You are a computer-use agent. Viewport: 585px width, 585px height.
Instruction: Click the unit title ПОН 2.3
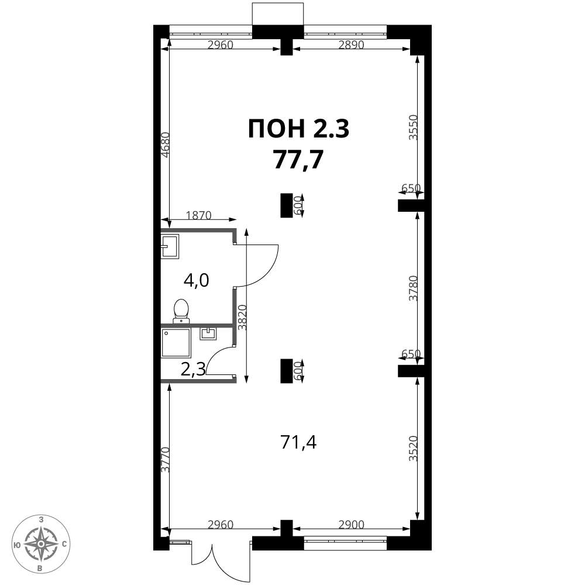point(298,129)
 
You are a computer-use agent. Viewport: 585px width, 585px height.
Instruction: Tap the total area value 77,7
point(298,159)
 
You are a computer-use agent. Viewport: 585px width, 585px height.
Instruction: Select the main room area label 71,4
point(298,443)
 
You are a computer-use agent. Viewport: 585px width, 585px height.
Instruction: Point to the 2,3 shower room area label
point(193,369)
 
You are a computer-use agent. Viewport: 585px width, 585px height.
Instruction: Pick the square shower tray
point(176,342)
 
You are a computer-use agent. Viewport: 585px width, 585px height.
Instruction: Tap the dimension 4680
point(166,146)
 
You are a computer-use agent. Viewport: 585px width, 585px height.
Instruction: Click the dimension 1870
point(198,215)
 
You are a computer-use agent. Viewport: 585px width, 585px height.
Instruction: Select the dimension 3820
point(243,317)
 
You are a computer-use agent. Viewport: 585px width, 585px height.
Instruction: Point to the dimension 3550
point(412,127)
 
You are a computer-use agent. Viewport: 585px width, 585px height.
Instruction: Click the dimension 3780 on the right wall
point(412,288)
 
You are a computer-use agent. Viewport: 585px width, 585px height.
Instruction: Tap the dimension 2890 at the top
point(351,45)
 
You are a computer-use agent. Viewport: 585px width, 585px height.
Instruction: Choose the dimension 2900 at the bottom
point(351,525)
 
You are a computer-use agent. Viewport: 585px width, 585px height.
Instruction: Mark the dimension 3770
point(166,460)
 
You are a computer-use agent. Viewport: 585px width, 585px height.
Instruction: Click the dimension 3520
point(412,449)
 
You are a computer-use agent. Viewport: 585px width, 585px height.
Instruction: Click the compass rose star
point(40,544)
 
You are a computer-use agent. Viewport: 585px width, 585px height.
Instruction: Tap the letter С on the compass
point(64,544)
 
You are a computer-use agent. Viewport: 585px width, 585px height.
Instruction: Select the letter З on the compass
point(41,519)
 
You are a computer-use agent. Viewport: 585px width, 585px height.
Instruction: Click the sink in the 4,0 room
point(170,246)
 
